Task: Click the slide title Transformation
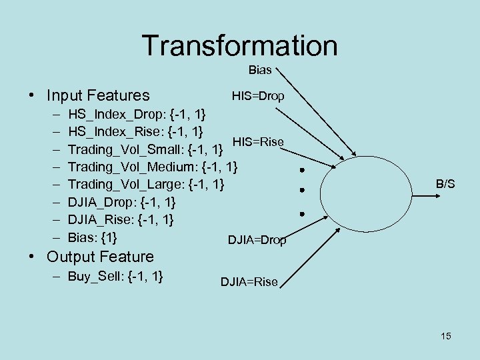coord(240,45)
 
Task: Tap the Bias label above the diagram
coord(260,70)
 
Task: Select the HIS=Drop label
coord(258,96)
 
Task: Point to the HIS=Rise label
coord(258,141)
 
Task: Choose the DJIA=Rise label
coord(249,282)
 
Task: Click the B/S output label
coord(445,183)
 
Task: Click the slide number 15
coord(445,336)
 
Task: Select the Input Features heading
coord(97,96)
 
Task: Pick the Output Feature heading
coord(99,257)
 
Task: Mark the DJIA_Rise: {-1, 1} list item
coord(121,219)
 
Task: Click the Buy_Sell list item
coord(116,276)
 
